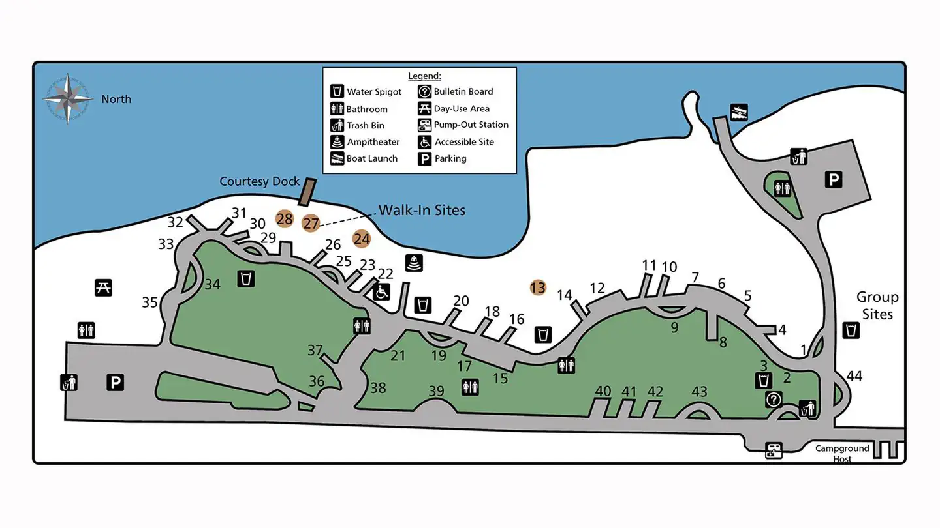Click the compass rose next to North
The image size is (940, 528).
coord(68,99)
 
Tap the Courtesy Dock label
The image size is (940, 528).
coord(259,181)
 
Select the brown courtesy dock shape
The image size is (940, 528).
coord(307,192)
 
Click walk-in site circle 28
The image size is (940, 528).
coord(285,219)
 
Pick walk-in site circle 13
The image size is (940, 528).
coord(538,287)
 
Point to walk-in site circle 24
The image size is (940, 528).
coord(362,239)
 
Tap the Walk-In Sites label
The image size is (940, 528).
coord(422,210)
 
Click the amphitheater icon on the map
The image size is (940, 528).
coord(414,263)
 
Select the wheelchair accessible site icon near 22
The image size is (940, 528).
coord(382,291)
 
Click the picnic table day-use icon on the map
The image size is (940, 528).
coord(103,287)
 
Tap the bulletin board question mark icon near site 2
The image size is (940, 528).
coord(774,400)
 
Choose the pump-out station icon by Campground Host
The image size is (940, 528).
coord(774,450)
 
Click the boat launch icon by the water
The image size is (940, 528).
coord(739,112)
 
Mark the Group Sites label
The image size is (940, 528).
coord(877,306)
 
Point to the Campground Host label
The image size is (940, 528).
coord(842,453)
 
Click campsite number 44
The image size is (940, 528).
coord(854,376)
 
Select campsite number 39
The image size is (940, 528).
coord(436,391)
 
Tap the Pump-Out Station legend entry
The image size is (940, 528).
coord(471,125)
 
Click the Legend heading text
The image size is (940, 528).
coord(424,76)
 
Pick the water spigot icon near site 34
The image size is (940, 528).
coord(246,278)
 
